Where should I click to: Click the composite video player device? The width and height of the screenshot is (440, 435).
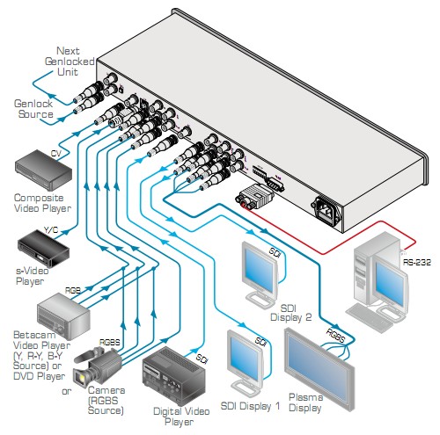pyautogui.click(x=43, y=170)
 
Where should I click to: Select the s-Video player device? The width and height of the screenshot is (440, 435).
pyautogui.click(x=43, y=249)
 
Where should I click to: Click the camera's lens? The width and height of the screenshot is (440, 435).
pyautogui.click(x=80, y=379)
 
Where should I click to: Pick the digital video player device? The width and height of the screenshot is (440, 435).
pyautogui.click(x=174, y=372)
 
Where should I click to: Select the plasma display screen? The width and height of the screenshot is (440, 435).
pyautogui.click(x=319, y=368)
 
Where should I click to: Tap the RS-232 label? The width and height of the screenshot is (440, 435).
pyautogui.click(x=416, y=262)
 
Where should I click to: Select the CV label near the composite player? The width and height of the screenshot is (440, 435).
pyautogui.click(x=56, y=153)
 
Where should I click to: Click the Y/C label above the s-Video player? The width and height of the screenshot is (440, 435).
pyautogui.click(x=51, y=230)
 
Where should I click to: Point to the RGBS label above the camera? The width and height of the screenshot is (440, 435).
pyautogui.click(x=110, y=342)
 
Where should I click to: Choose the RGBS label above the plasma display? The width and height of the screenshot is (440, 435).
pyautogui.click(x=335, y=335)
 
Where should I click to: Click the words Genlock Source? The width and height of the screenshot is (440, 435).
pyautogui.click(x=33, y=109)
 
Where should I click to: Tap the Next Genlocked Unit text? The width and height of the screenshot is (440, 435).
pyautogui.click(x=70, y=62)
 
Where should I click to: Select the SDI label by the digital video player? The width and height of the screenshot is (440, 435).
pyautogui.click(x=202, y=358)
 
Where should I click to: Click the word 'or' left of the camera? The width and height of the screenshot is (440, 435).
pyautogui.click(x=67, y=391)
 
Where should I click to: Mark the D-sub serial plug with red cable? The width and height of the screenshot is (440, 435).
pyautogui.click(x=254, y=196)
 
